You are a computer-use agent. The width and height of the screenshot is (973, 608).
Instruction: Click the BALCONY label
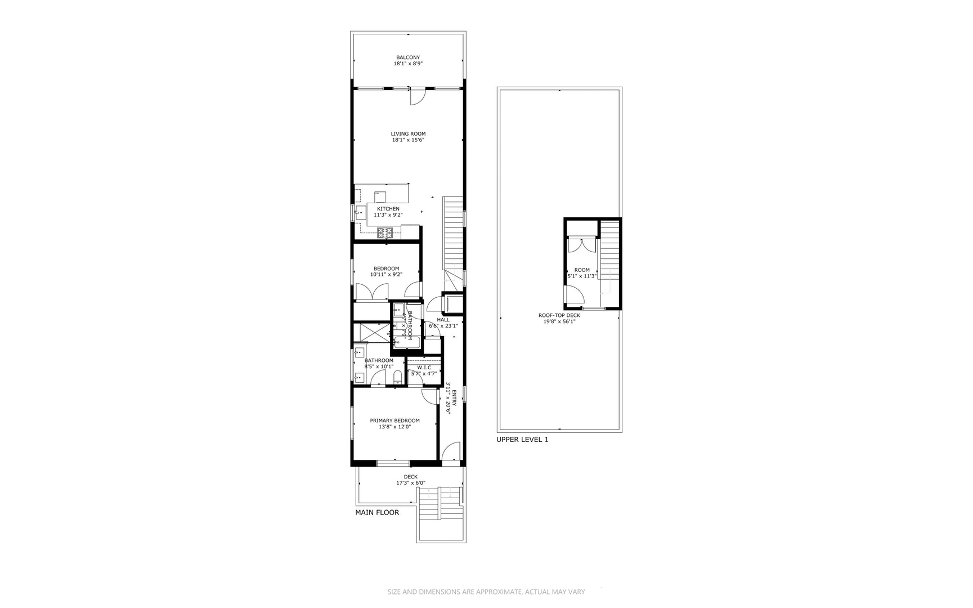click(407, 57)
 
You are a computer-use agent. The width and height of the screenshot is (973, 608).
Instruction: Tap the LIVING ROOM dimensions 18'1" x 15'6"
click(408, 140)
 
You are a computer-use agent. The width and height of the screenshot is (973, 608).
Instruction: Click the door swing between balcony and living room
click(417, 97)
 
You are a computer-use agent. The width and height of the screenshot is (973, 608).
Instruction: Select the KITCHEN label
click(388, 209)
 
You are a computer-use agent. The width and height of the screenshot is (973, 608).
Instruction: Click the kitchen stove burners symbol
click(385, 232)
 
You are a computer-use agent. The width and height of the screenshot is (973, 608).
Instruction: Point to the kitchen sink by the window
click(360, 213)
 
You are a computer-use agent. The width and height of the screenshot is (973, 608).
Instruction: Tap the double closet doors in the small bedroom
click(371, 292)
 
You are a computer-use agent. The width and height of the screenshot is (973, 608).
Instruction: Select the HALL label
click(443, 320)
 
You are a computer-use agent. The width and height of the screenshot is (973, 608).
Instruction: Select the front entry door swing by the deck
click(450, 453)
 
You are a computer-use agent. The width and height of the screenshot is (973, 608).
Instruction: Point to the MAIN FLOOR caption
click(377, 512)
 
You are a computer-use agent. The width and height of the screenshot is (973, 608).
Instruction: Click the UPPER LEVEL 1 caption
click(522, 440)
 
